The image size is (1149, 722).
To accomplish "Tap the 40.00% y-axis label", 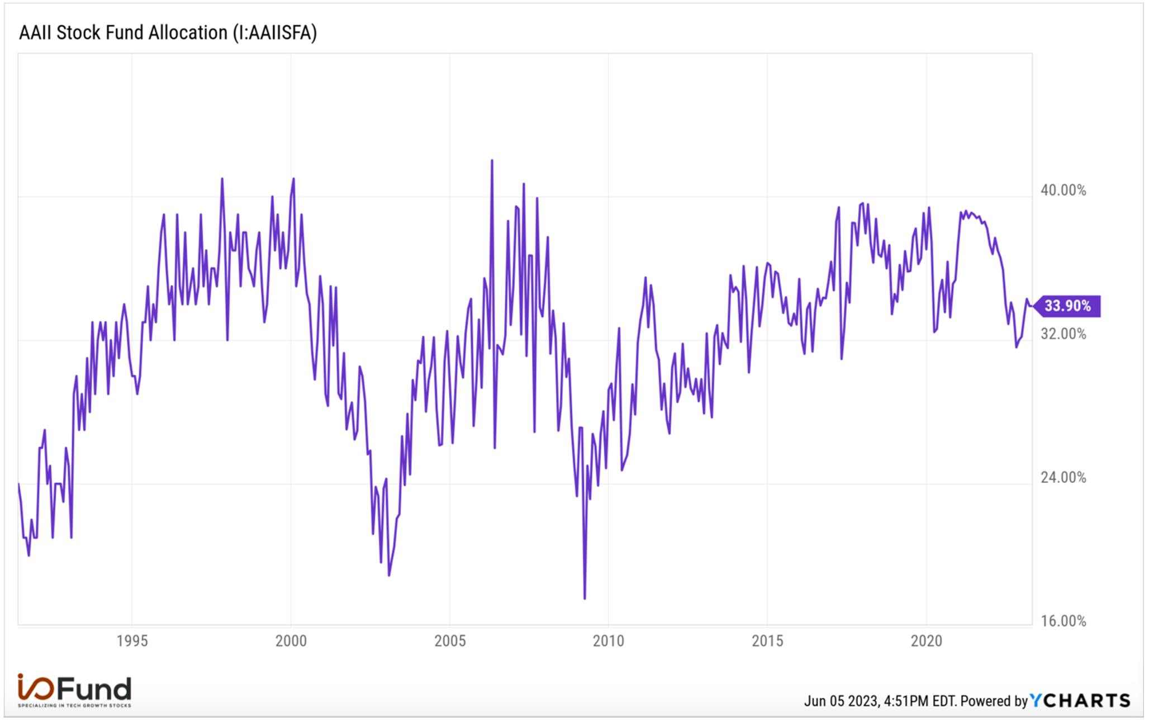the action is [1063, 191].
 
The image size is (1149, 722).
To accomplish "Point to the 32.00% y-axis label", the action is [1063, 334].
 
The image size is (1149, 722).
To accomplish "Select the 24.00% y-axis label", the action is [1063, 478].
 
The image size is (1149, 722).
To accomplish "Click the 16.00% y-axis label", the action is [1063, 621].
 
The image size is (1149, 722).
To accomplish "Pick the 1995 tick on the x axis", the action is [132, 641].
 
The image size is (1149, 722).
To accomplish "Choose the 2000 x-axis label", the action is [291, 641].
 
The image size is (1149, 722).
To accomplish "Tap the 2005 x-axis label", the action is [450, 641].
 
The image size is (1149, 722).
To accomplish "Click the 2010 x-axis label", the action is [609, 641].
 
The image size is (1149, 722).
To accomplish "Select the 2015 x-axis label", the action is [767, 641].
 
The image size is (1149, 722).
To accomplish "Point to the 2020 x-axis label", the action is [927, 641].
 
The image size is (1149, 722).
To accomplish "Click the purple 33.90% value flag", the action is [1067, 306].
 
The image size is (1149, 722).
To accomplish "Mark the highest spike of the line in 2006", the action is [492, 160].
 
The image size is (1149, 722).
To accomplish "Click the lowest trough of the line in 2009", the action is [585, 598].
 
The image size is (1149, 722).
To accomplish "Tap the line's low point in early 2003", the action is [388, 575].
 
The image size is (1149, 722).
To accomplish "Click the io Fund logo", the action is [74, 688].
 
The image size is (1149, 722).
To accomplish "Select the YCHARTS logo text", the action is [1080, 701].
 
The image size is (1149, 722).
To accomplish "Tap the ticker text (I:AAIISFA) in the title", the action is [274, 32].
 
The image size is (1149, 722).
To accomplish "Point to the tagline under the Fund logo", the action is [74, 706].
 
